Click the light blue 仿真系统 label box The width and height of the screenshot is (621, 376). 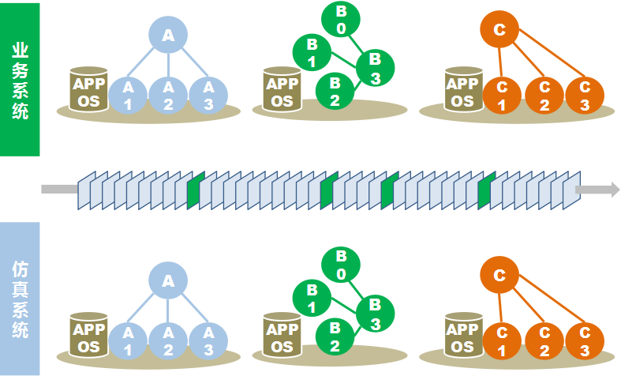20,299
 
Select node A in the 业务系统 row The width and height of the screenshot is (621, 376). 167,36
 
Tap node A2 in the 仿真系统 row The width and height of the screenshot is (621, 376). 167,337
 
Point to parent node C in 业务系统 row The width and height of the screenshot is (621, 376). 499,32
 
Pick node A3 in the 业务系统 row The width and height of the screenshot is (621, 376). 208,94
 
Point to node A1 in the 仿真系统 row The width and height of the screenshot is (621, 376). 128,337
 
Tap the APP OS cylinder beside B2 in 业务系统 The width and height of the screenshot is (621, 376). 281,90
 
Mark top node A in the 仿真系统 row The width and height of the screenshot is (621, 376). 167,280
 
